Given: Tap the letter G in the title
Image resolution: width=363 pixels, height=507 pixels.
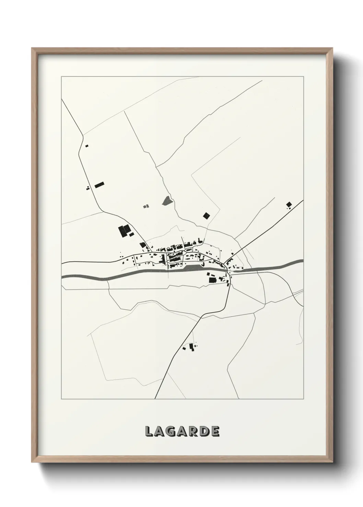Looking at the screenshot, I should pos(171,432).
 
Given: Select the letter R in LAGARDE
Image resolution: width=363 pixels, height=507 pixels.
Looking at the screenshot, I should pos(193,432).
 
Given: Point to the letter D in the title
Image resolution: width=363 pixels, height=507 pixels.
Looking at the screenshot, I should pos(204,432).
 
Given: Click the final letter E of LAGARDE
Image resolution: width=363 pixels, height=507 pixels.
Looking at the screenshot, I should pos(215,432).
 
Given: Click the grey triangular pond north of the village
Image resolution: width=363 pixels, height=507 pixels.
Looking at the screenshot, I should pos(167,200).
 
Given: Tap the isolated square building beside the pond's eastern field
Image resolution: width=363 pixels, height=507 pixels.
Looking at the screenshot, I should pos(206,215).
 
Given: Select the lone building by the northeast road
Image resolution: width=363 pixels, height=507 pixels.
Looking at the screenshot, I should pos(289,205).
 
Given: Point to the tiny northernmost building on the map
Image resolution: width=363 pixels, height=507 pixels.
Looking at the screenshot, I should pos(86,146).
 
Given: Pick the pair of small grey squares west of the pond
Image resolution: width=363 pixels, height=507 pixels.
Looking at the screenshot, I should pos(146,206).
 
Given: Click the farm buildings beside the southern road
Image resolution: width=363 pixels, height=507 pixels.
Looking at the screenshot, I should pos(191,347).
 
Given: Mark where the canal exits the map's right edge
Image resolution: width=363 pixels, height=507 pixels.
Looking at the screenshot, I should pos(303,261).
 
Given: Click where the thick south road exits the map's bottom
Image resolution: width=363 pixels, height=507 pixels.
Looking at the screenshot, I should pos(155,398).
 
